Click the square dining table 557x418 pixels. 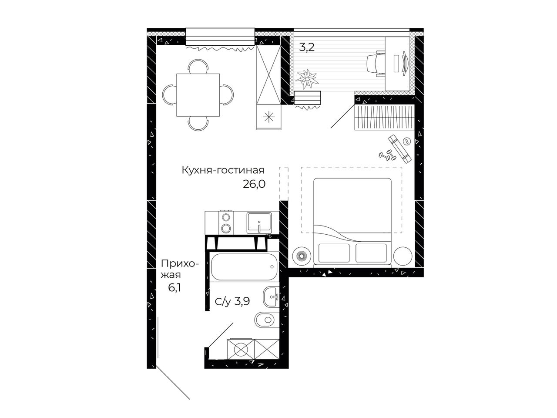coord(198,94)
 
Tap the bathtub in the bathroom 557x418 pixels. coord(244,267)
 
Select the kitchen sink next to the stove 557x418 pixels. coord(259,223)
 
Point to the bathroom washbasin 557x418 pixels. coord(271,297)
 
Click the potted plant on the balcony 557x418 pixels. coord(307,79)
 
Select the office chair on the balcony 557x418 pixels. coord(376,64)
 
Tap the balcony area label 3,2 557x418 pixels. coord(307,47)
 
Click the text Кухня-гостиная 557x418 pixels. coord(223,170)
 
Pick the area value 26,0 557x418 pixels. coord(254,184)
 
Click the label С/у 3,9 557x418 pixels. coord(232,301)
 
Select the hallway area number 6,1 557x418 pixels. coord(174,288)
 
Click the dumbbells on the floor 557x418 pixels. coord(387,155)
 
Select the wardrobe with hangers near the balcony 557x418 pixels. coord(384,117)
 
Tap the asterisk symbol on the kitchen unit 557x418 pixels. coord(269,117)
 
